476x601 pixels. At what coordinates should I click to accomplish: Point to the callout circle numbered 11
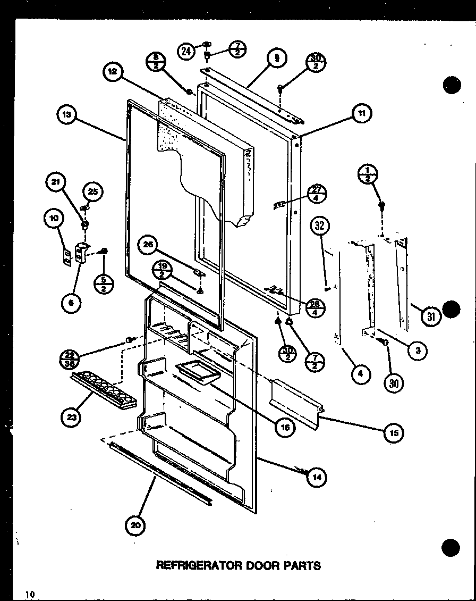361,113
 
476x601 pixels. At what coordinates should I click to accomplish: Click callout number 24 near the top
186,52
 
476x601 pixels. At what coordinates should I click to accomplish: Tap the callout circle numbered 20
135,525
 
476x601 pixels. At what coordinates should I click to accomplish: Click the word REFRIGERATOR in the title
199,565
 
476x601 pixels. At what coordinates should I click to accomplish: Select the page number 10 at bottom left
29,594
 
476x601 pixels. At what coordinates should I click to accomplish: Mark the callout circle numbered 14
317,477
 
